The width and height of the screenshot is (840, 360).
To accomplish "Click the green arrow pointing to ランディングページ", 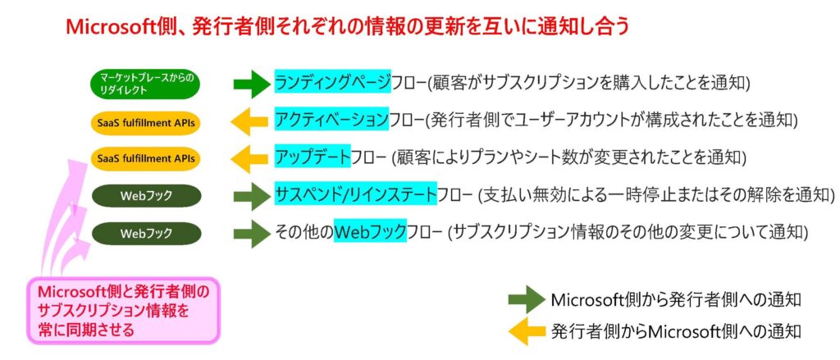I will (252, 83).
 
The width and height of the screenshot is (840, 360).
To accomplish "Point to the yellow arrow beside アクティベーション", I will (252, 121).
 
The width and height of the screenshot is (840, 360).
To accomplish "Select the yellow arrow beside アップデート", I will (252, 157).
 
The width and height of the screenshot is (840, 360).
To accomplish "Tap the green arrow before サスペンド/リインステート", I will (252, 195).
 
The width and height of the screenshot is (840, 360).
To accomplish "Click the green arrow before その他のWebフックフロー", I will (252, 234).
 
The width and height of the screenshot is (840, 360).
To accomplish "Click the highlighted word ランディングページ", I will (332, 83).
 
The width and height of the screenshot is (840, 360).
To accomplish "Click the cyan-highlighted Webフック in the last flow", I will (370, 233).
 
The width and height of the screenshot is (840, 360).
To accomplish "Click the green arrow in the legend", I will (525, 298).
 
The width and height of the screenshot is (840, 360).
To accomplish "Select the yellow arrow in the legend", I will (525, 332).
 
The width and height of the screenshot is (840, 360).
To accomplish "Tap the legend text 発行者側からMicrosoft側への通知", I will (676, 332).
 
